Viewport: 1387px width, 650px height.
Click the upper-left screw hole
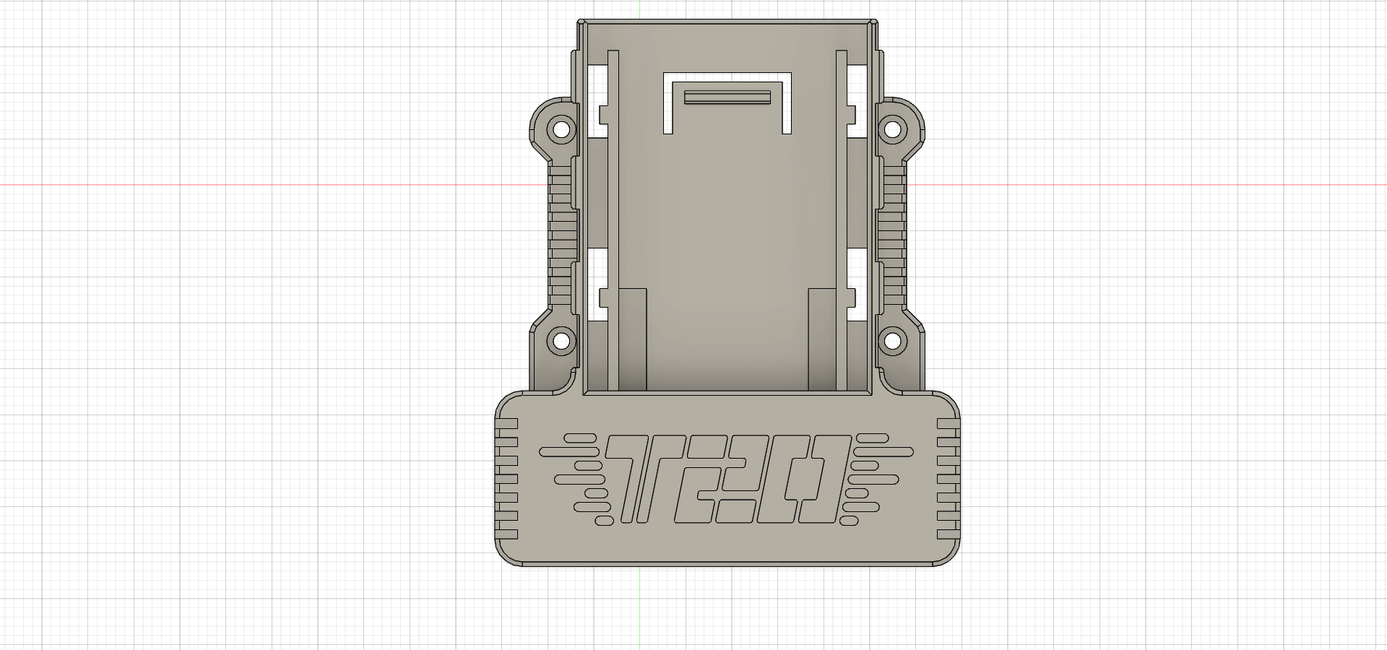[x=560, y=130]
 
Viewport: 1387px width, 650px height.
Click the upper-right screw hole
[x=893, y=130]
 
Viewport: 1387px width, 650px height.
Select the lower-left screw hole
[x=560, y=340]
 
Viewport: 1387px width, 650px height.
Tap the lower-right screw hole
[x=893, y=340]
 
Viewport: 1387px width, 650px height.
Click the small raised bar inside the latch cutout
[x=728, y=97]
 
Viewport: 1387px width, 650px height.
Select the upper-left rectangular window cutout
[x=597, y=101]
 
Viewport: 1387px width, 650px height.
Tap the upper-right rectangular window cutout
[x=856, y=101]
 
